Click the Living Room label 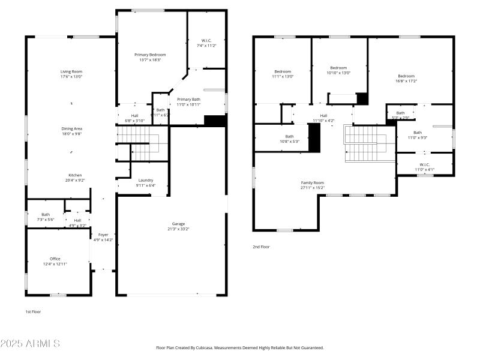coord(71,71)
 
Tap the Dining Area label coord(71,128)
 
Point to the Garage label coord(179,224)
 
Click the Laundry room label coord(146,180)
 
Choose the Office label coord(55,259)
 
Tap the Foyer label coord(103,235)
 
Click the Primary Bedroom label coord(150,55)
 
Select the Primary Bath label coord(188,99)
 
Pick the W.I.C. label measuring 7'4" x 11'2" coord(206,40)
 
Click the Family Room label coord(313,182)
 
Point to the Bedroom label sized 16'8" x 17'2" coord(406,76)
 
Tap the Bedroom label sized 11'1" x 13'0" coord(283,71)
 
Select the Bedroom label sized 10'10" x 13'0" coord(338,68)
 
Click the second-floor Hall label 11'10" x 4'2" coord(323,115)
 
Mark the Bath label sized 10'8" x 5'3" coord(289,136)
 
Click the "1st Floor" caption coord(33,311)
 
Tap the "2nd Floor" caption coord(261,247)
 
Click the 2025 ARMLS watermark coord(30,344)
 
